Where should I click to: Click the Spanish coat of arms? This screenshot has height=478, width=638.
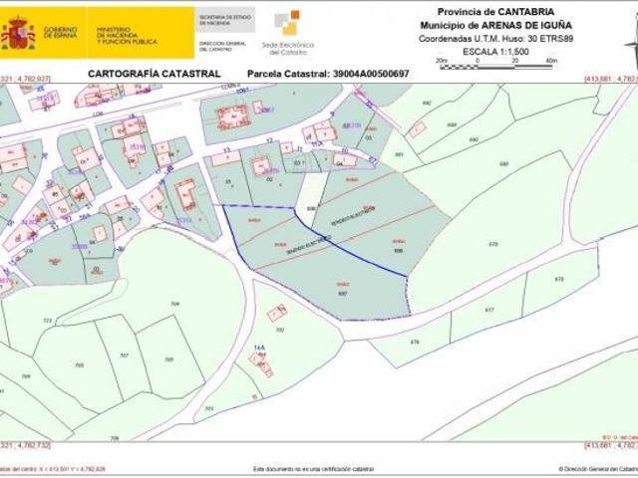tap(18, 33)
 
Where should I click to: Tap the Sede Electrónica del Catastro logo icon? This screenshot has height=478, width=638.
tap(287, 23)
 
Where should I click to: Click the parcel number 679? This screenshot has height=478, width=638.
tap(492, 244)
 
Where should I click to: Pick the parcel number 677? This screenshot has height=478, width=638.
tap(488, 311)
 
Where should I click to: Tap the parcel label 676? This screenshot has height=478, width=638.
tap(416, 346)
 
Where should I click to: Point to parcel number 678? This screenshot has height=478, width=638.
tap(558, 280)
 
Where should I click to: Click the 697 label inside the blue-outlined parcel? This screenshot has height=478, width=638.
tap(343, 293)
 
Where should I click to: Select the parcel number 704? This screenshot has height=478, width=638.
tap(175, 303)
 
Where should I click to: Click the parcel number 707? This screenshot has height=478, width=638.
tap(124, 355)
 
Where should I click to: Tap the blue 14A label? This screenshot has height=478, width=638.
tap(259, 349)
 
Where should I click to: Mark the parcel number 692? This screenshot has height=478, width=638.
tap(427, 103)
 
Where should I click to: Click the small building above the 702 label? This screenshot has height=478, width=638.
tap(276, 313)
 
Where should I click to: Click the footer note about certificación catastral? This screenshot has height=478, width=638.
tap(313, 468)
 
